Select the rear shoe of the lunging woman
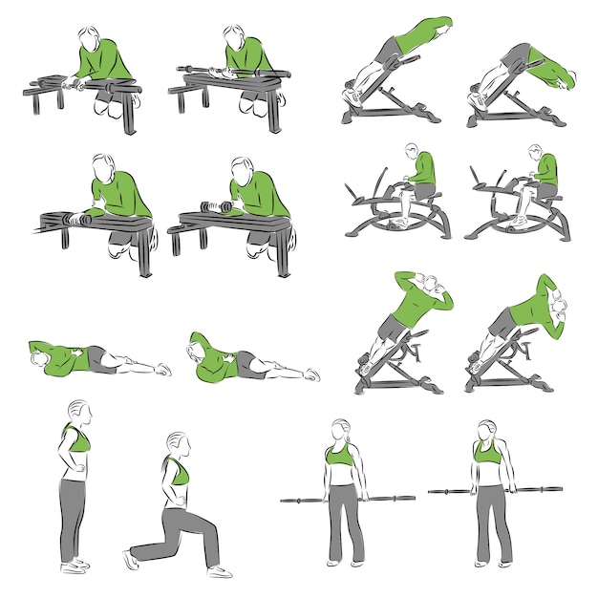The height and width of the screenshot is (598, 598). coord(131,559)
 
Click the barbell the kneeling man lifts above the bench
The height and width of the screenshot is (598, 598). coord(222,70)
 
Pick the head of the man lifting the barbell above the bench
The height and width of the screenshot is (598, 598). coord(233,38)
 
